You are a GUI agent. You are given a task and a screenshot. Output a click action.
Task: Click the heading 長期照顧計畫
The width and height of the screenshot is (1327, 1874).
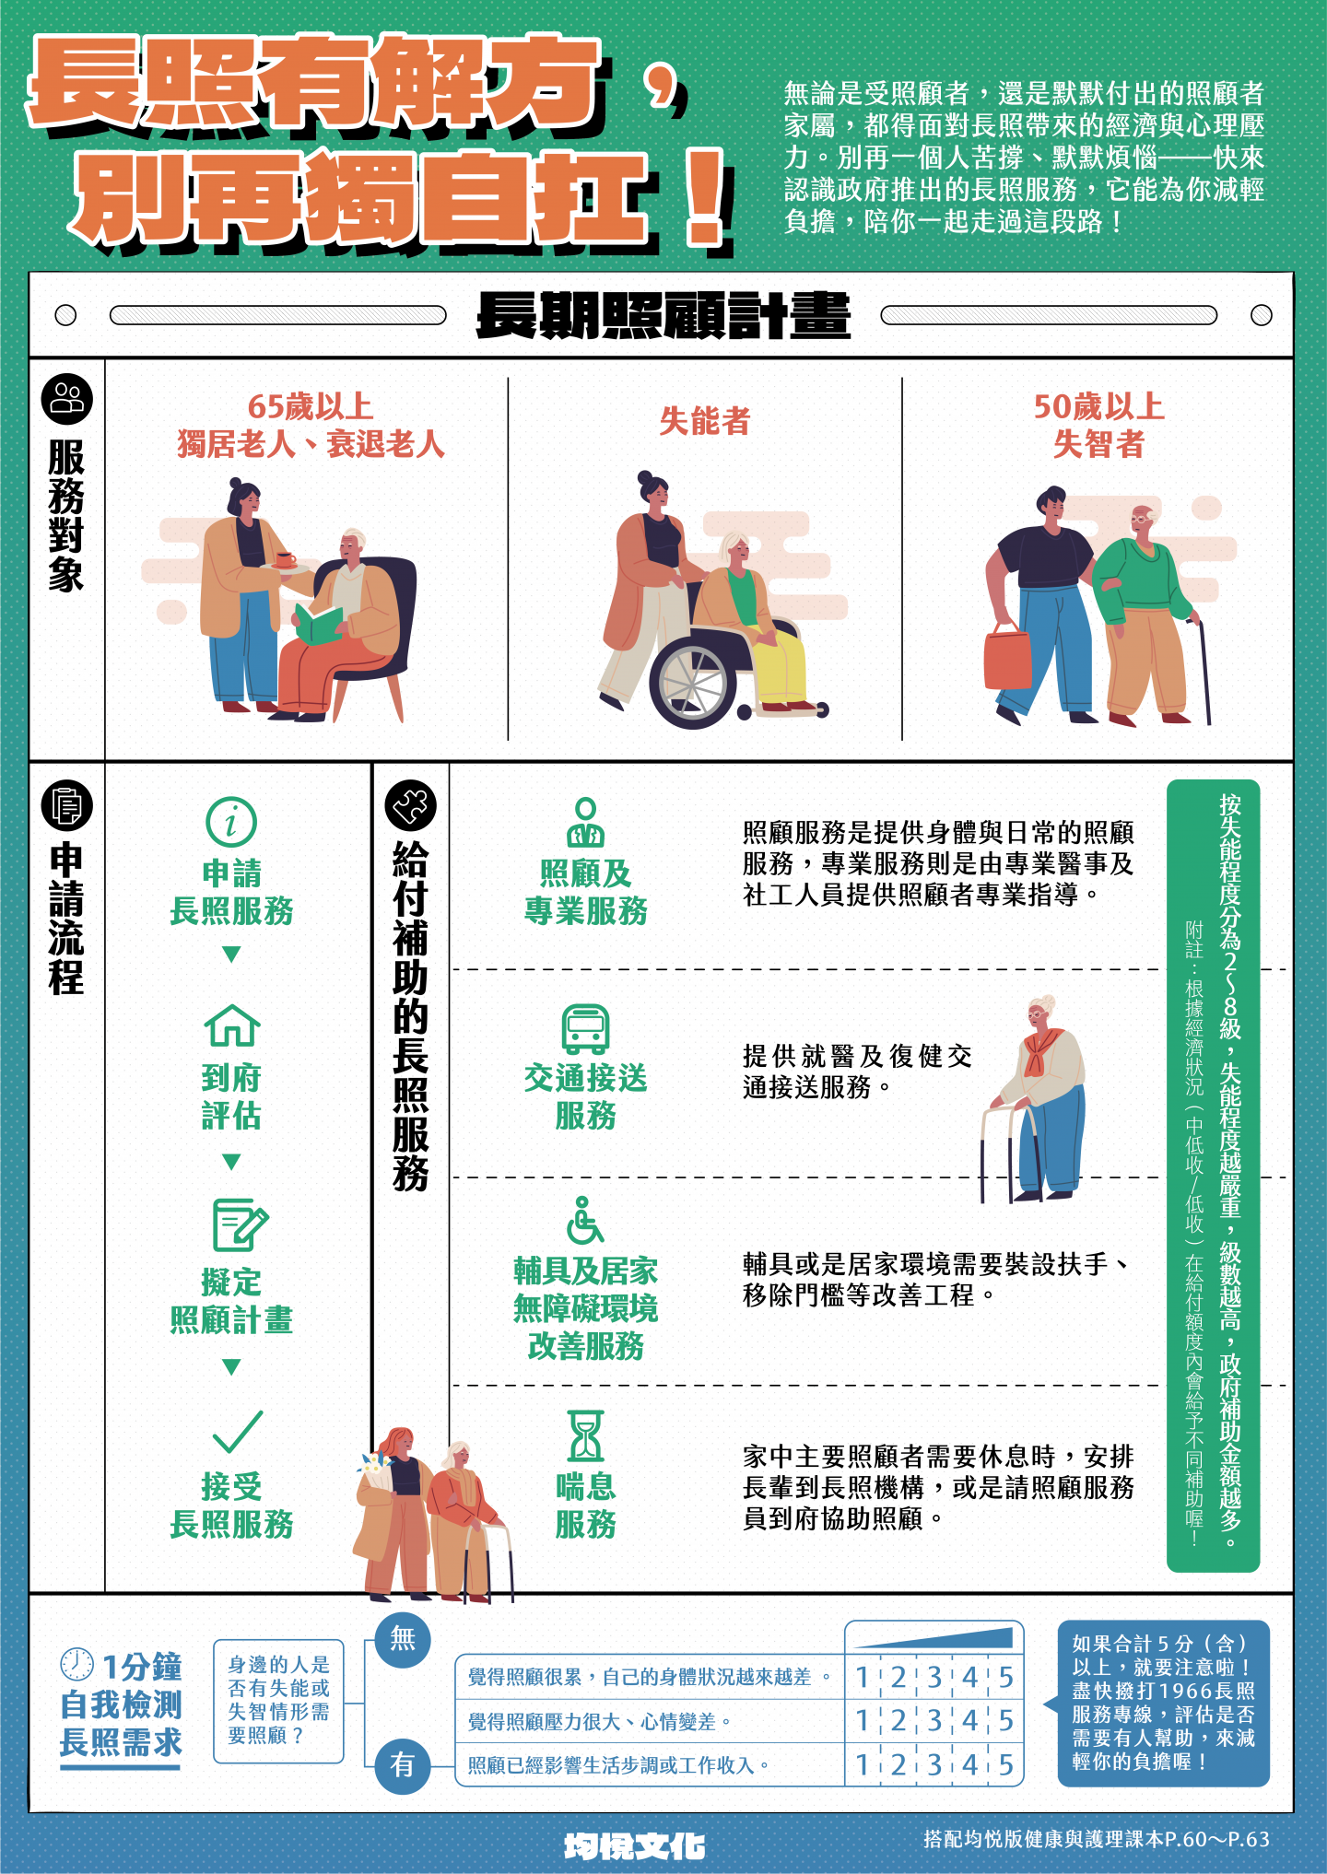663,316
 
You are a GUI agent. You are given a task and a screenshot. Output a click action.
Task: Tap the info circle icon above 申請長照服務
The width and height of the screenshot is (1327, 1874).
231,822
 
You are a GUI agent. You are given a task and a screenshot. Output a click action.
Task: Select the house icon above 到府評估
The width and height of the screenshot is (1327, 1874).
231,1025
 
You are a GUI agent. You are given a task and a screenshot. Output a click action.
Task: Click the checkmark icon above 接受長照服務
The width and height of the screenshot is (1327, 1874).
238,1432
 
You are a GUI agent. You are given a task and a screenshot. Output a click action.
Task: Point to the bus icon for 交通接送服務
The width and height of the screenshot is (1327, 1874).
585,1029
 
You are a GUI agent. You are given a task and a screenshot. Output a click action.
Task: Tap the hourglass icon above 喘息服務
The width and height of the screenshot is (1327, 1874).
585,1435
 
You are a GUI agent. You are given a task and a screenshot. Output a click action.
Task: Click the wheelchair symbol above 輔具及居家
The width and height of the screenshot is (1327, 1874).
585,1221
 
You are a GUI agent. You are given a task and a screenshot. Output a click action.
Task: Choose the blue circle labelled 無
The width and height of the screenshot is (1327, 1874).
403,1639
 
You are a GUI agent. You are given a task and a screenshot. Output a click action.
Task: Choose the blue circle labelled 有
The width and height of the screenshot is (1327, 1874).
403,1765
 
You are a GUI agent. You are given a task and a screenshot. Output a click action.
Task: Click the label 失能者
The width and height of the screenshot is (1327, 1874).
705,422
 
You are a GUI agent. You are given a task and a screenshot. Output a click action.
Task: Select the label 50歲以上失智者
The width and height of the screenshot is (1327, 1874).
1098,426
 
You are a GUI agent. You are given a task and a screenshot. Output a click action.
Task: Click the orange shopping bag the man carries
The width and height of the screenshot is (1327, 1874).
1007,656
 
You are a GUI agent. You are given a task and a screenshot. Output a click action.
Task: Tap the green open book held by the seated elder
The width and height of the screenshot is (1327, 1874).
318,624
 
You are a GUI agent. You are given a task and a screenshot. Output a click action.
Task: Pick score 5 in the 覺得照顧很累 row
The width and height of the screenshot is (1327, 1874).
1005,1678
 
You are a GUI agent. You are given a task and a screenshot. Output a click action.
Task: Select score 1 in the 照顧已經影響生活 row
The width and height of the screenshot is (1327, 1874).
862,1765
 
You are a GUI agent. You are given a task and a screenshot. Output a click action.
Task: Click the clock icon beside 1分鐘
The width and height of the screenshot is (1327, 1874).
76,1664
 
